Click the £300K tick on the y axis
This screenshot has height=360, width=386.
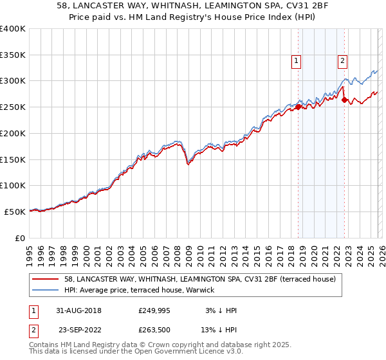pyautogui.click(x=13, y=81)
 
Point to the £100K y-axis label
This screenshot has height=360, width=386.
pyautogui.click(x=13, y=185)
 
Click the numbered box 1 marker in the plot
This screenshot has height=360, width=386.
pyautogui.click(x=297, y=61)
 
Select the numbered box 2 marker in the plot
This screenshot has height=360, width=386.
pyautogui.click(x=343, y=61)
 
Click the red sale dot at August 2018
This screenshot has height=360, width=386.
pyautogui.click(x=299, y=107)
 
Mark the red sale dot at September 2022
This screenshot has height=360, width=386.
pyautogui.click(x=345, y=100)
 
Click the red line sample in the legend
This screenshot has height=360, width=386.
pyautogui.click(x=46, y=280)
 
